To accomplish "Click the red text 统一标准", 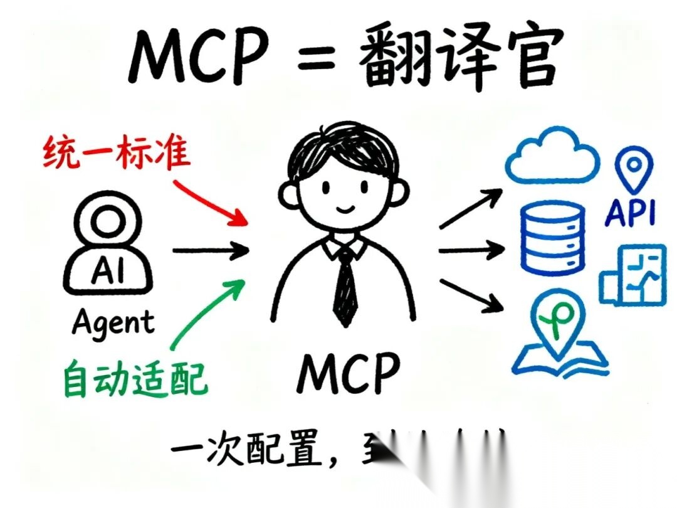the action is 117,152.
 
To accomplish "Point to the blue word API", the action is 630,213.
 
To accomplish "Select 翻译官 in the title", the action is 457,60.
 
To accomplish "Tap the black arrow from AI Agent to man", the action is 210,251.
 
